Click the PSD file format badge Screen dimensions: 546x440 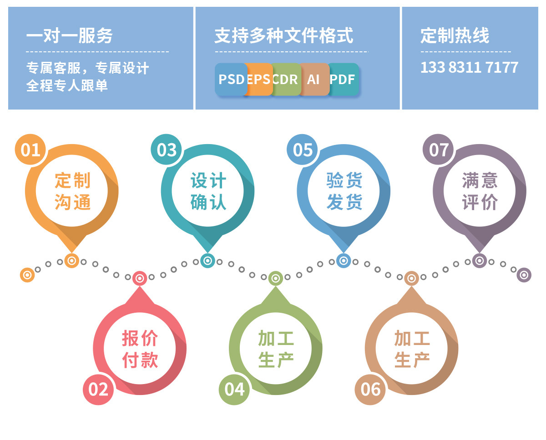[x=231, y=79]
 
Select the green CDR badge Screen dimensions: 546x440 [x=286, y=79]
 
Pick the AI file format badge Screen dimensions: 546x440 [x=313, y=79]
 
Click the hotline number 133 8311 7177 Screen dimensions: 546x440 [x=469, y=67]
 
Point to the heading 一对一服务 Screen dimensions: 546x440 [x=70, y=36]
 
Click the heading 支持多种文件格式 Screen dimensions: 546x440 [x=283, y=36]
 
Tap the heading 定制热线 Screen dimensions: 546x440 [x=455, y=36]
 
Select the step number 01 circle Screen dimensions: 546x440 [x=30, y=150]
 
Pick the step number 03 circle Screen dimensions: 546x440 [x=167, y=150]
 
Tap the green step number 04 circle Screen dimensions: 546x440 [x=234, y=389]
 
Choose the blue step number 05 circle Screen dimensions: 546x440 [x=303, y=150]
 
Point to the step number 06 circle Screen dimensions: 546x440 [x=370, y=389]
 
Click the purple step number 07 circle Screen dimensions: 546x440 [x=439, y=150]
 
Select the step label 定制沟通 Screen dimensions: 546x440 [x=72, y=191]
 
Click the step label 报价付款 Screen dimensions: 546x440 [x=140, y=349]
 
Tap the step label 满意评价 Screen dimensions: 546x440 [x=480, y=191]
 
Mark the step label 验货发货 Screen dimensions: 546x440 [x=344, y=191]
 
